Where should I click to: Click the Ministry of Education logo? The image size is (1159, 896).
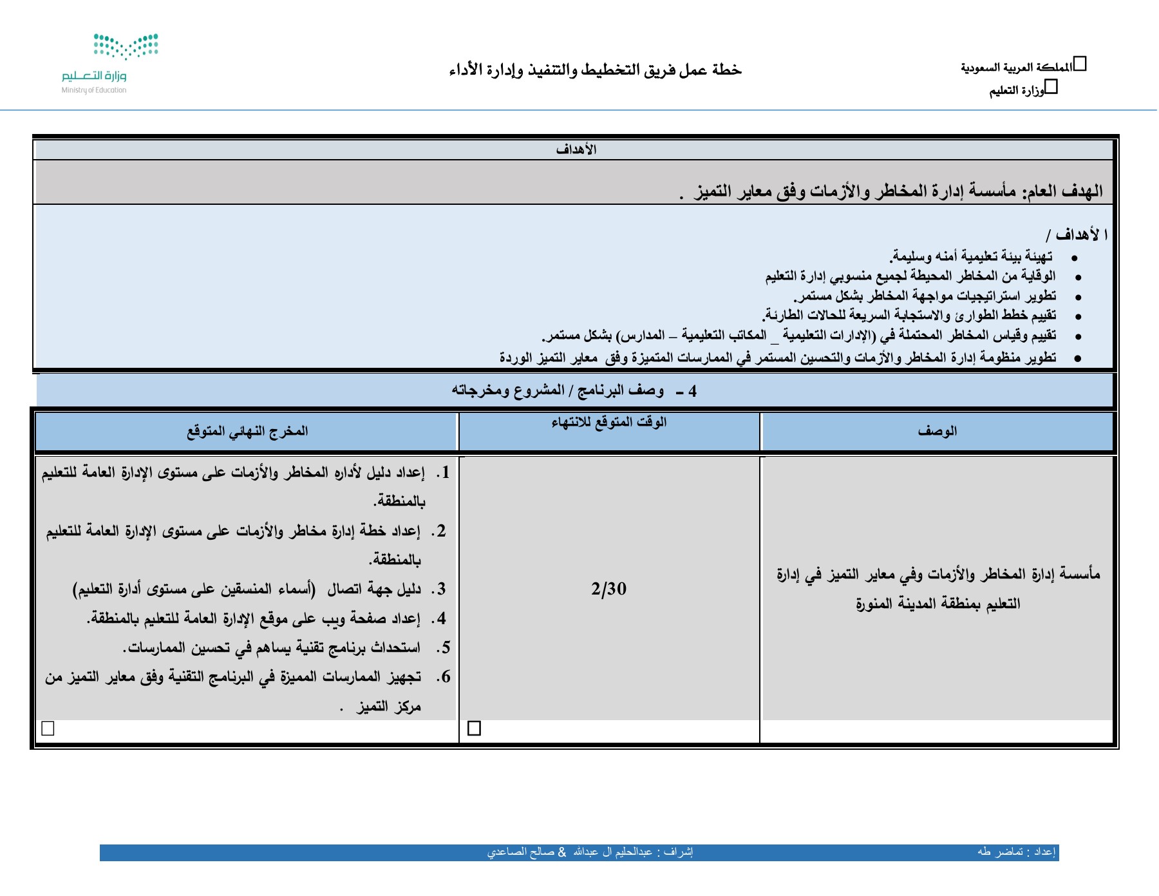point(109,63)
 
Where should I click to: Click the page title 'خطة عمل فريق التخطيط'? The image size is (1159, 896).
point(595,70)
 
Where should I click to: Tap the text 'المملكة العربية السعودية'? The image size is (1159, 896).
point(1016,68)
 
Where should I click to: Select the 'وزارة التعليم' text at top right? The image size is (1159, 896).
point(1017,91)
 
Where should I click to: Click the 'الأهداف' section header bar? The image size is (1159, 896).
point(576,149)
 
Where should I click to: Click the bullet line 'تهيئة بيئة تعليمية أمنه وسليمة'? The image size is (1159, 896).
point(972,257)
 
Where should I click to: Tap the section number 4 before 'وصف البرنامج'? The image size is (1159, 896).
point(692,391)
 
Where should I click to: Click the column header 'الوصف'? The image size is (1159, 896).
point(937,431)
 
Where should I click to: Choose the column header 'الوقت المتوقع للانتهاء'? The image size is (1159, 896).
point(608,423)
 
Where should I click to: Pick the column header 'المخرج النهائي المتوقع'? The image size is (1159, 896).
point(247,431)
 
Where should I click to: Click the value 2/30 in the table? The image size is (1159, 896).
point(608,588)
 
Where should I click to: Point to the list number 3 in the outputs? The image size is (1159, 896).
point(441,589)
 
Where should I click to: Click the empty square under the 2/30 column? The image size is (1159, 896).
point(475,728)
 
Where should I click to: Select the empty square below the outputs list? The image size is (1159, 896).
point(48,728)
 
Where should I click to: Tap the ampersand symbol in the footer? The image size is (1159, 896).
point(562,852)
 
